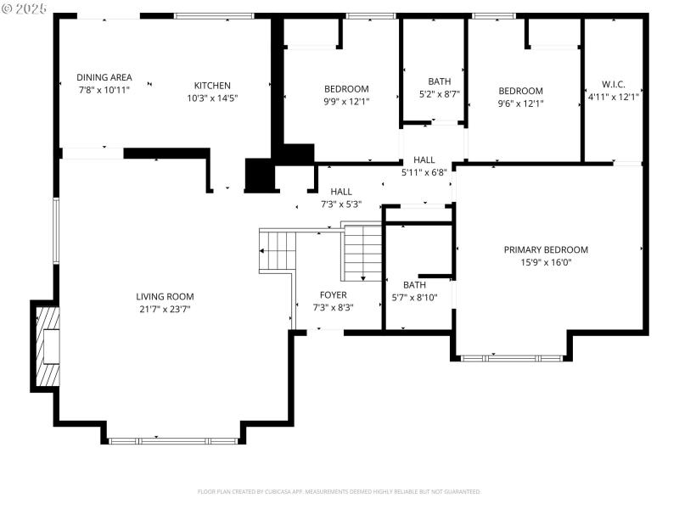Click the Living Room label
tap(165, 297)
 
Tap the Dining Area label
tap(104, 77)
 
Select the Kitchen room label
tap(212, 86)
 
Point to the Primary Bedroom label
tap(546, 249)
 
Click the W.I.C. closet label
tap(613, 85)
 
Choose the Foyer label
tap(333, 295)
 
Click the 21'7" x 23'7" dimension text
tap(165, 309)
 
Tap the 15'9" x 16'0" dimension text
tap(546, 262)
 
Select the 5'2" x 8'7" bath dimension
tap(440, 94)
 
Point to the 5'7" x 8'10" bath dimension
tap(414, 297)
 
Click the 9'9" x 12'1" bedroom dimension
tap(346, 103)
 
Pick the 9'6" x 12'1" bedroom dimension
tap(520, 103)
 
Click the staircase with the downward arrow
tap(362, 253)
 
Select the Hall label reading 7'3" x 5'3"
tap(341, 198)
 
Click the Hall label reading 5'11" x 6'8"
tap(424, 165)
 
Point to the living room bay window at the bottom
tap(175, 440)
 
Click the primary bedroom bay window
tap(512, 358)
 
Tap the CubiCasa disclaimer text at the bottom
tap(339, 492)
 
